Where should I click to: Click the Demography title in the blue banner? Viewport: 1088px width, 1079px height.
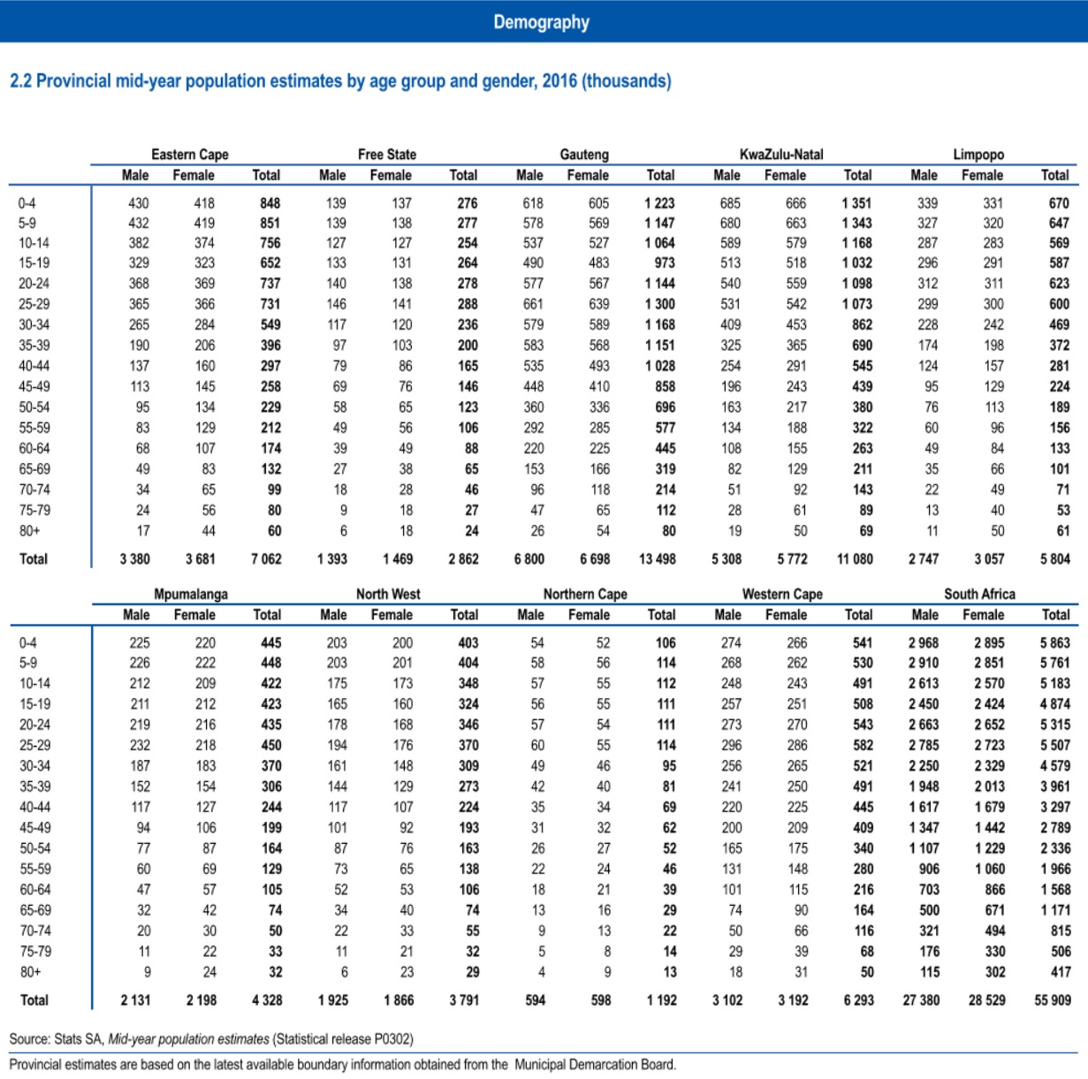tap(541, 22)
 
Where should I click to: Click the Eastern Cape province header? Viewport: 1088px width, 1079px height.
tap(189, 155)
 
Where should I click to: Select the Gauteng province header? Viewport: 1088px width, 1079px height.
tap(584, 155)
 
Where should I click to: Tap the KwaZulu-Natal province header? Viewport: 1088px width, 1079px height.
tap(781, 155)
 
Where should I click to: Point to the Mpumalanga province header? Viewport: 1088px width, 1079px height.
tap(191, 594)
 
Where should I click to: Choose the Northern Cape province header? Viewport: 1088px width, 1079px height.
tap(585, 594)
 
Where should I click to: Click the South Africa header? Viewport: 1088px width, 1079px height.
tap(979, 594)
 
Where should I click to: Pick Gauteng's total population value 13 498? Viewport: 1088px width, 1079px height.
tap(657, 559)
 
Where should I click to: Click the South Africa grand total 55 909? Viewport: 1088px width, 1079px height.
tap(1052, 1000)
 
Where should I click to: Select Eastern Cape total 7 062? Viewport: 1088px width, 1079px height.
tap(266, 559)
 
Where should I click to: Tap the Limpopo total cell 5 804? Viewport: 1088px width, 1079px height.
tap(1054, 559)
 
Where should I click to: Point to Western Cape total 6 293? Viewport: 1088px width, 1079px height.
tap(858, 1000)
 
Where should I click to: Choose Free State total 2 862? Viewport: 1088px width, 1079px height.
tap(463, 559)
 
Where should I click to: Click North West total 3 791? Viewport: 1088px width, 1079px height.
tap(464, 1000)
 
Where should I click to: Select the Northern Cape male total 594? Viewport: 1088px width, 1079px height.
tap(536, 1000)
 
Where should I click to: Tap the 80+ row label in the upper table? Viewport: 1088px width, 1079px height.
tap(29, 531)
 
